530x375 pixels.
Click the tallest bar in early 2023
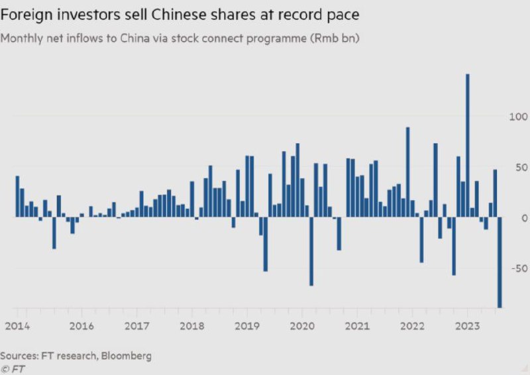click(468, 145)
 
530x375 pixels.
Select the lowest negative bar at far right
click(500, 262)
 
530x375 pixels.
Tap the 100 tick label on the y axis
click(518, 117)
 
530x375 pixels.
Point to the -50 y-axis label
click(519, 268)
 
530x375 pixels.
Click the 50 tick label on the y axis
click(521, 168)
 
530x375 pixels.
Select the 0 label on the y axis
click(524, 219)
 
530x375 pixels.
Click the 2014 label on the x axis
click(17, 327)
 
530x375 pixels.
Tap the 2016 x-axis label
click(81, 327)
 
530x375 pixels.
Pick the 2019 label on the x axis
click(247, 327)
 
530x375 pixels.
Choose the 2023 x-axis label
click(468, 327)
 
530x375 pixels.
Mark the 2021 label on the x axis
click(357, 327)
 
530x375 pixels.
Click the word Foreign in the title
click(26, 15)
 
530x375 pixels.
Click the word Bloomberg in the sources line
click(127, 356)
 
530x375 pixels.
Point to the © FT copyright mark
click(13, 369)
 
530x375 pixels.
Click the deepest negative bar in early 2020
click(311, 251)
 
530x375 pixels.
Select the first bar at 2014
click(18, 197)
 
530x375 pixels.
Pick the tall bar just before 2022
click(407, 172)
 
